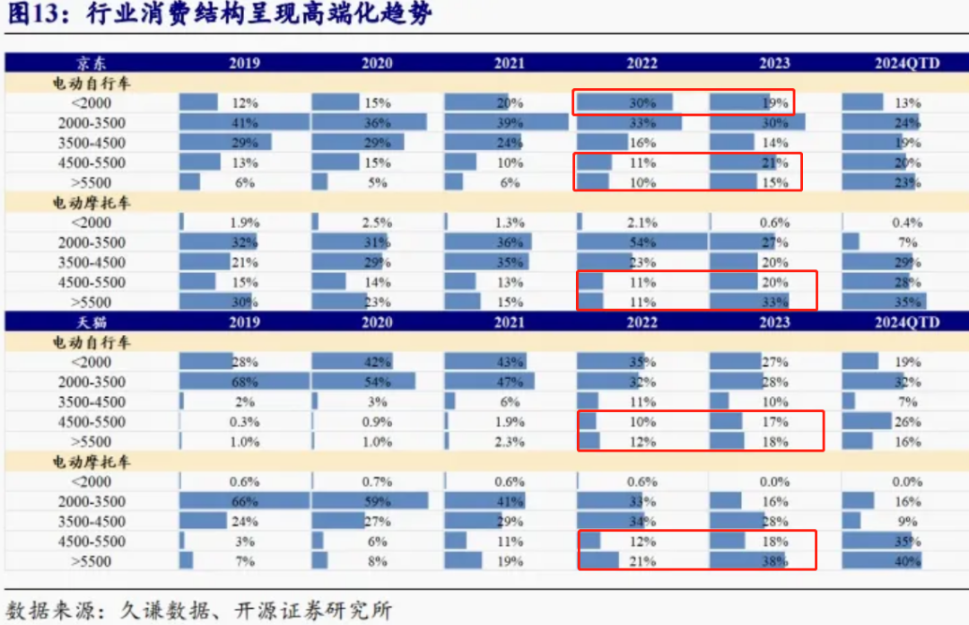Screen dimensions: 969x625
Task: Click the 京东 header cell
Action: [x=92, y=63]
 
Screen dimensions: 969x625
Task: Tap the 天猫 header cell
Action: [x=92, y=321]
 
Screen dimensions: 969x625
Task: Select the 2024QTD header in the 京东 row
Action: [x=906, y=63]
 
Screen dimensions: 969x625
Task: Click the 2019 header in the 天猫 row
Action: [x=245, y=321]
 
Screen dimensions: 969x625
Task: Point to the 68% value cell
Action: [x=245, y=382]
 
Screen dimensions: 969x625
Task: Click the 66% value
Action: [x=245, y=501]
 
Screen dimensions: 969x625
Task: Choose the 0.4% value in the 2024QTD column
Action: [x=906, y=222]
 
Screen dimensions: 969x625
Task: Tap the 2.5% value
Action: [x=377, y=222]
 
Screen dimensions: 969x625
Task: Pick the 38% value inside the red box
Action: [x=775, y=561]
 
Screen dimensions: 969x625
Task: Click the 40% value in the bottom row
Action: [x=907, y=561]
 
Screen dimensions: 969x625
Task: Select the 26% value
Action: [x=907, y=422]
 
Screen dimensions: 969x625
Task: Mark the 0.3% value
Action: [x=245, y=422]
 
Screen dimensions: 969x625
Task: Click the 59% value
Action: [x=377, y=501]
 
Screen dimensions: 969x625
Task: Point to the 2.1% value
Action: [x=642, y=222]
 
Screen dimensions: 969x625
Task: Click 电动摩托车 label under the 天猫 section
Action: [x=92, y=462]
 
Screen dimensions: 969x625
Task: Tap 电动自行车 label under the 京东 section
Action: [x=92, y=83]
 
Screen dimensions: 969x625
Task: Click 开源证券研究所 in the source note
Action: [x=313, y=611]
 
